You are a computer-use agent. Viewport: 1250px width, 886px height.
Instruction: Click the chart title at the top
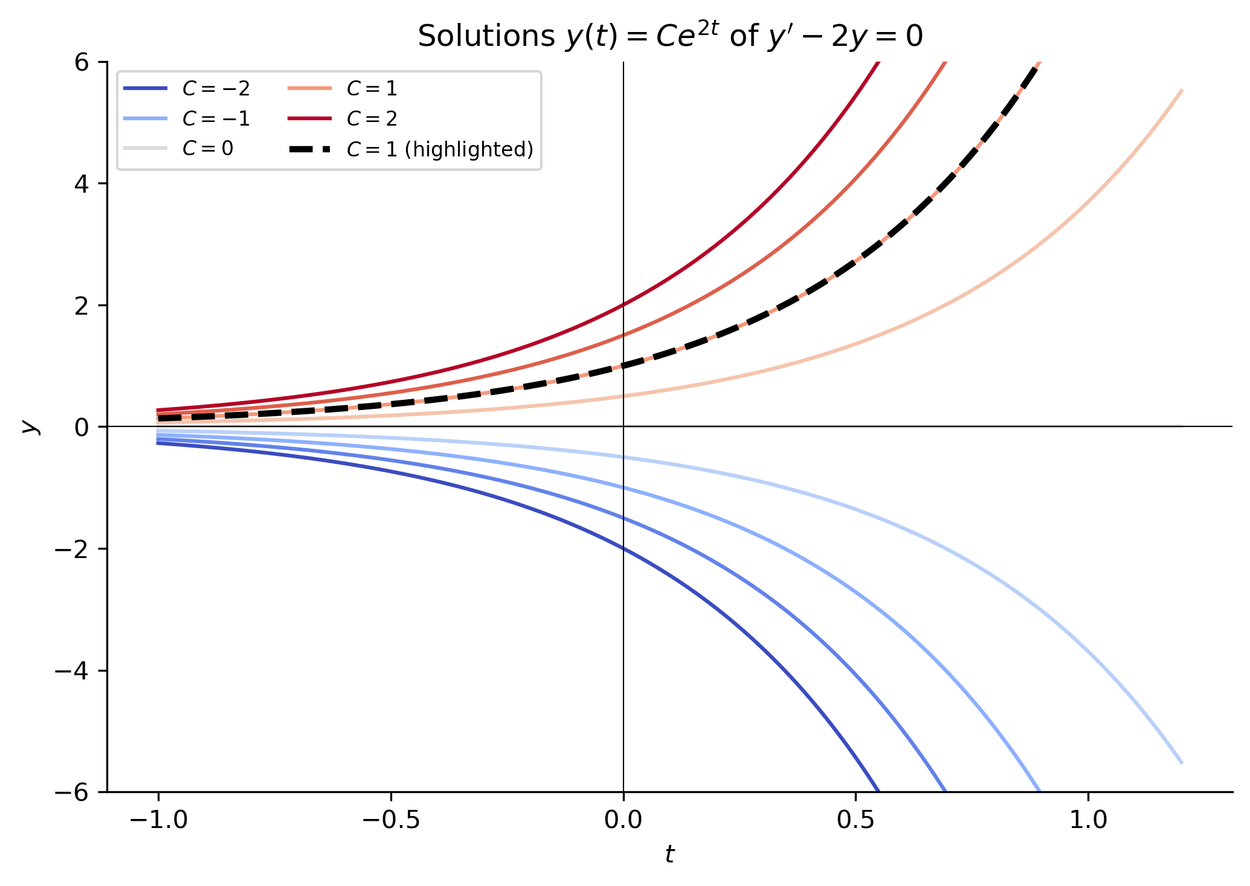pos(670,36)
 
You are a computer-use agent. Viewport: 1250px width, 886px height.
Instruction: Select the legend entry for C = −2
pos(187,89)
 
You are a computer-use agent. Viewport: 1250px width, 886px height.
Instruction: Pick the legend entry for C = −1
pos(187,118)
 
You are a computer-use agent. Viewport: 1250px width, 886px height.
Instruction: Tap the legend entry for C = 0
pos(178,149)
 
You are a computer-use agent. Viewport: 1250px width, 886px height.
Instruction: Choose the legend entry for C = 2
pos(343,118)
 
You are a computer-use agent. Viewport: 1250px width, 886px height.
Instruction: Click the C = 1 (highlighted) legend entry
pos(410,149)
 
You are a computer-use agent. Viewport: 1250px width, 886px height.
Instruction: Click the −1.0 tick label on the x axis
pos(158,820)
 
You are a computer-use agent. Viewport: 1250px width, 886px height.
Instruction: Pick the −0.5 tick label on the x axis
pos(391,820)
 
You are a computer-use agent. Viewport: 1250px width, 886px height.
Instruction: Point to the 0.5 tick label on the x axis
pos(855,820)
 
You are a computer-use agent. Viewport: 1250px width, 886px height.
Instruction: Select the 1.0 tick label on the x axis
pos(1088,820)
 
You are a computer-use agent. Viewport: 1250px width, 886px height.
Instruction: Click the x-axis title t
pos(669,854)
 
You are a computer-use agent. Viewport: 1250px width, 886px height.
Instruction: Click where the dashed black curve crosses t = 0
pos(623,365)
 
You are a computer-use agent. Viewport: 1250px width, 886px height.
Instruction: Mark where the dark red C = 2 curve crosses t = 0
pos(623,305)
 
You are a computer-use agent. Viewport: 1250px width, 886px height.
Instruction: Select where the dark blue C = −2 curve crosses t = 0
pos(623,548)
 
